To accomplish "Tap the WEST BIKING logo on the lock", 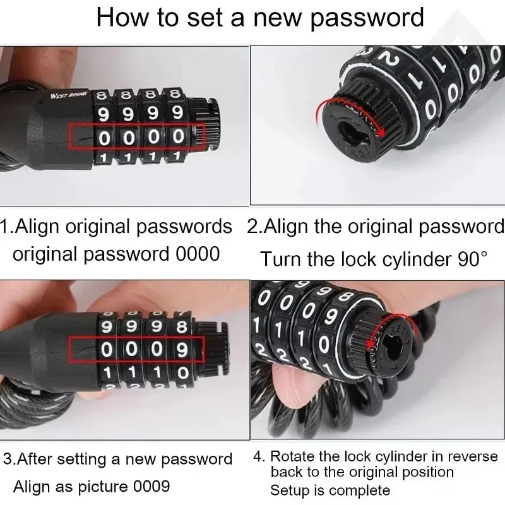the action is [x=69, y=95].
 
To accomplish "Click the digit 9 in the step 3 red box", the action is [x=182, y=350].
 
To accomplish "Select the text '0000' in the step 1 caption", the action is [x=198, y=254].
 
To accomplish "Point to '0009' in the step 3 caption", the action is [x=151, y=486].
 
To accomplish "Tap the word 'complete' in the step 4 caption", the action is [x=359, y=491].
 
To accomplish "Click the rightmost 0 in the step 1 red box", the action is [x=178, y=136].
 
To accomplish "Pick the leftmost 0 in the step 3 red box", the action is [x=106, y=350].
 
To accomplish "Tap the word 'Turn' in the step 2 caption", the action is [x=281, y=259].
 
